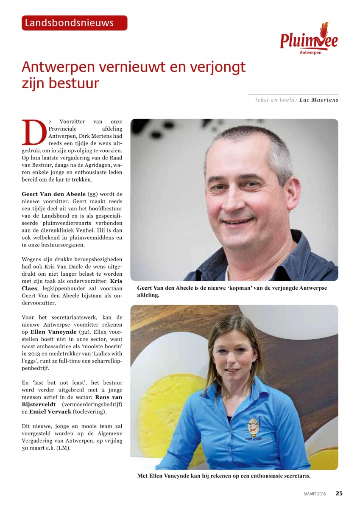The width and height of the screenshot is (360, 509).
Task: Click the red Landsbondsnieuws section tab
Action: click(74, 23)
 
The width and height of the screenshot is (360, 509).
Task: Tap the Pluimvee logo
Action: click(309, 40)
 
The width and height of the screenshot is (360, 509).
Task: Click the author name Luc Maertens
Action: click(318, 100)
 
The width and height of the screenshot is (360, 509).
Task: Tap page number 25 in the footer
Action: click(339, 493)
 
